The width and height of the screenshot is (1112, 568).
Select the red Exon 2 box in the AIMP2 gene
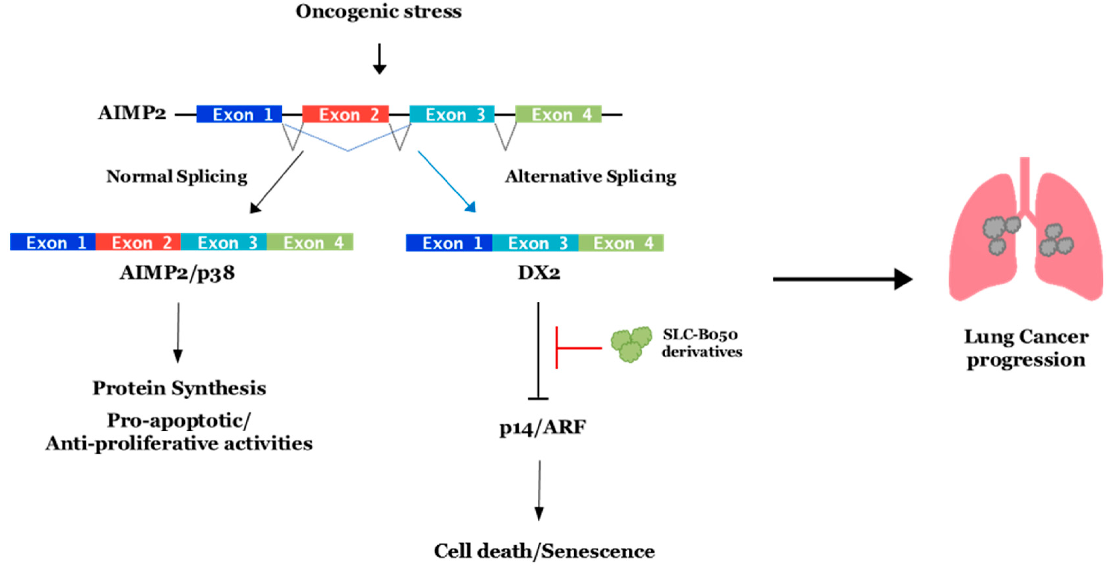pyautogui.click(x=345, y=114)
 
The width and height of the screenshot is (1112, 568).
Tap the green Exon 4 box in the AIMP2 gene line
pyautogui.click(x=558, y=114)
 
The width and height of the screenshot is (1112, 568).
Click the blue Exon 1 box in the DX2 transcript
pyautogui.click(x=449, y=243)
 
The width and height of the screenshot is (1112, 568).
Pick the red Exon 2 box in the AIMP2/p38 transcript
pyautogui.click(x=138, y=243)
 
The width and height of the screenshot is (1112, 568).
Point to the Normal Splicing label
pyautogui.click(x=177, y=176)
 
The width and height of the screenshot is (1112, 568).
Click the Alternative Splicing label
pyautogui.click(x=591, y=176)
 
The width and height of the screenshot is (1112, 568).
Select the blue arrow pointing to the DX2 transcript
pyautogui.click(x=447, y=181)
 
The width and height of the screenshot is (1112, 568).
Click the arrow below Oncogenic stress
pyautogui.click(x=379, y=58)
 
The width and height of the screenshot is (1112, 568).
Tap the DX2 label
pyautogui.click(x=539, y=273)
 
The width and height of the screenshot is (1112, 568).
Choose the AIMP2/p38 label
pyautogui.click(x=177, y=273)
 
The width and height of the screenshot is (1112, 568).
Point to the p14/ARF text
pyautogui.click(x=542, y=427)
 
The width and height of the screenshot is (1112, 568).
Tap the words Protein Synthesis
pyautogui.click(x=179, y=388)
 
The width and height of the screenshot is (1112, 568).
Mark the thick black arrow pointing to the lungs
pyautogui.click(x=842, y=279)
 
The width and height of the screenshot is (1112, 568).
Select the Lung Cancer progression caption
pyautogui.click(x=1026, y=348)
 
